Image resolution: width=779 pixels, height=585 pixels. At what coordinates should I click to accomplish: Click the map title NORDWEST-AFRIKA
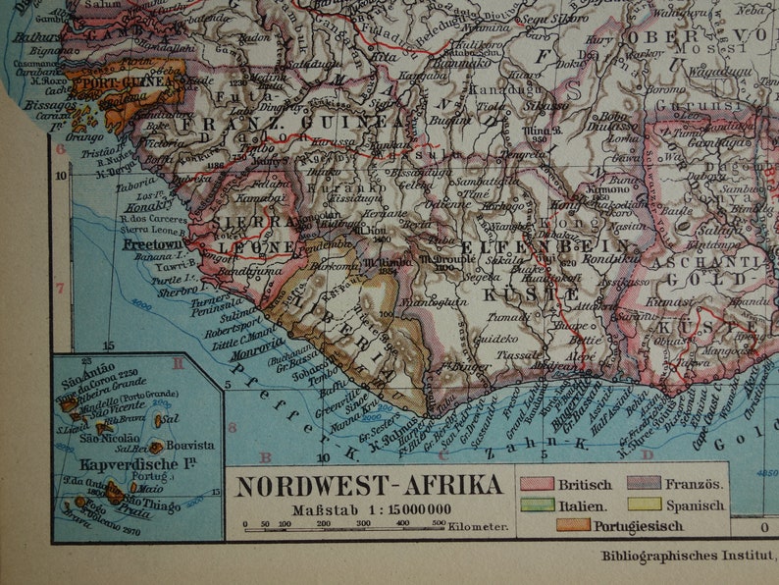coord(369,485)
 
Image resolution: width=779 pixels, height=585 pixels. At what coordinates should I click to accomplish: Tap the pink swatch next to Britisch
coord(537,484)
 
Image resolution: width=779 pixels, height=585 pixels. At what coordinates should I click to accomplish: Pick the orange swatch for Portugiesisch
coord(573,525)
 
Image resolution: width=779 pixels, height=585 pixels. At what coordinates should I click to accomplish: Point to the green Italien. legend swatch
coord(537,505)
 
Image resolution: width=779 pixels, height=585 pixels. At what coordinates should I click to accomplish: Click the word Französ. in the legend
coord(696,484)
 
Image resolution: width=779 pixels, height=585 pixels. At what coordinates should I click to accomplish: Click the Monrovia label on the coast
coord(258,348)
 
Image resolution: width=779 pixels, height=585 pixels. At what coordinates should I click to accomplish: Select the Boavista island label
coord(190,444)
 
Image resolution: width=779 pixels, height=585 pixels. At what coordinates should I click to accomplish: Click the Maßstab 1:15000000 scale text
coord(371,508)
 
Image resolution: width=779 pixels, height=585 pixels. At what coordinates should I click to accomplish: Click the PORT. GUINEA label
coord(124,82)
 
